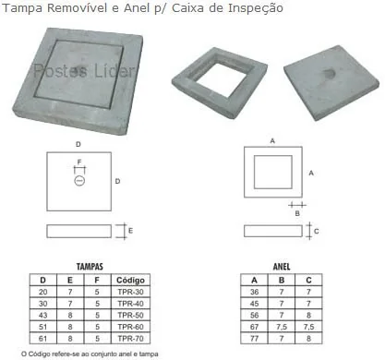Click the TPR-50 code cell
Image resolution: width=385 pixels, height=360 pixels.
point(130,315)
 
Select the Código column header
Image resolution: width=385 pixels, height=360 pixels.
point(130,280)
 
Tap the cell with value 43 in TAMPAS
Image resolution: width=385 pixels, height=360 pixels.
point(42,315)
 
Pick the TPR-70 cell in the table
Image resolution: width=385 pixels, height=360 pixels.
point(130,339)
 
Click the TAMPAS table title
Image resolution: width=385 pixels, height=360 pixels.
point(90,267)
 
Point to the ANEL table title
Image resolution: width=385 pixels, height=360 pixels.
point(282,267)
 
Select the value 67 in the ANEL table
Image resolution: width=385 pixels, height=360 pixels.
point(254,327)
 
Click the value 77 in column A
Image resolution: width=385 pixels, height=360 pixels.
point(254,339)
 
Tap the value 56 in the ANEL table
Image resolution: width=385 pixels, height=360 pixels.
point(254,315)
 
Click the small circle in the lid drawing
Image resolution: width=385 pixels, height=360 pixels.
point(79,181)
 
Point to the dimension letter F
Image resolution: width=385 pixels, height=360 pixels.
point(79,162)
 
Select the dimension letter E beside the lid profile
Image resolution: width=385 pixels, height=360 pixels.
point(130,231)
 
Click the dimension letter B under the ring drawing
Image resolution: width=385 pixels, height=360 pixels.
point(297,213)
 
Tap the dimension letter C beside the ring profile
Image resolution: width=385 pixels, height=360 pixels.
point(317,231)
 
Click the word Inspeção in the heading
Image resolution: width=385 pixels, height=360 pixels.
point(255,8)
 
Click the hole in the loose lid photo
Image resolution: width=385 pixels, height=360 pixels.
point(328,73)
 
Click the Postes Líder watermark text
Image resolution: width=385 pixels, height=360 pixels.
point(84,71)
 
